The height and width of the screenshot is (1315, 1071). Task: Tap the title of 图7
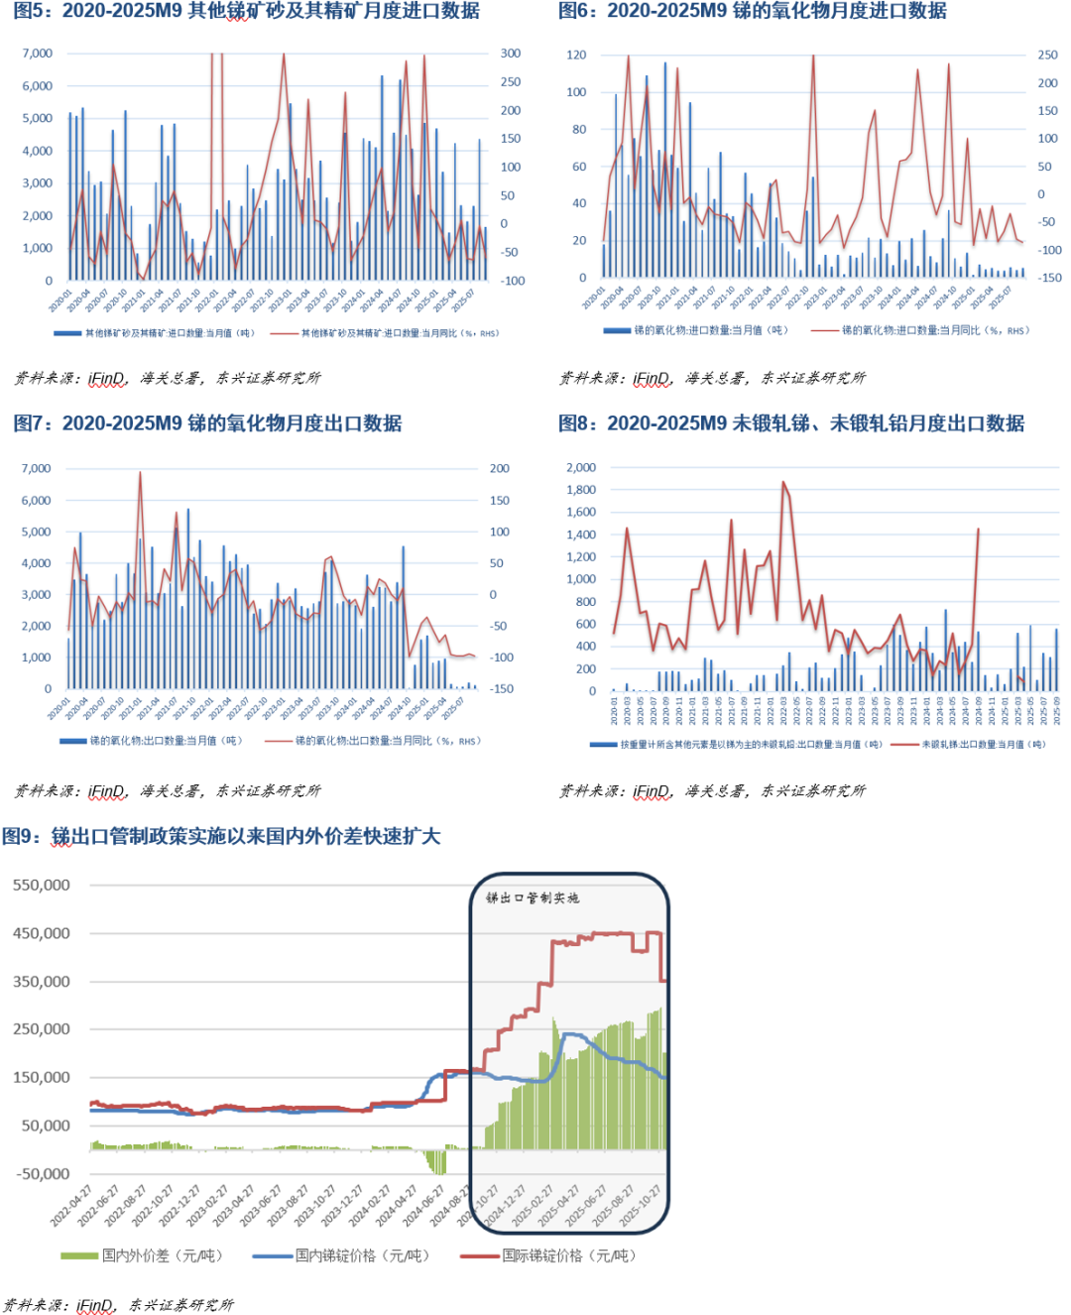pos(207,423)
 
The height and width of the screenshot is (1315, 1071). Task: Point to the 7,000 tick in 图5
pos(37,54)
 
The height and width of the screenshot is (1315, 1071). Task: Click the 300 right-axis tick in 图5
pos(511,54)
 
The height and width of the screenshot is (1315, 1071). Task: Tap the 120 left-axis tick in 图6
pos(576,56)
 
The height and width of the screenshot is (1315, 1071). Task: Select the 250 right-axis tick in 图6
pos(1047,56)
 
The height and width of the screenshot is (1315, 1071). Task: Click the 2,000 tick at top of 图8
pos(581,467)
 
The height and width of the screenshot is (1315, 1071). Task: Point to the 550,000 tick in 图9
pos(42,885)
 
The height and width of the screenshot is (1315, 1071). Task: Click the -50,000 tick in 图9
pos(42,1174)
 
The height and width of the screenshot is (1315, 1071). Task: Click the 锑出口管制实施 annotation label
pos(533,897)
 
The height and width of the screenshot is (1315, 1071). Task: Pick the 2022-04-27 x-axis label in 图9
pos(72,1205)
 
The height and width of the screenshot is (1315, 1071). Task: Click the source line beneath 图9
pos(118,1305)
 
